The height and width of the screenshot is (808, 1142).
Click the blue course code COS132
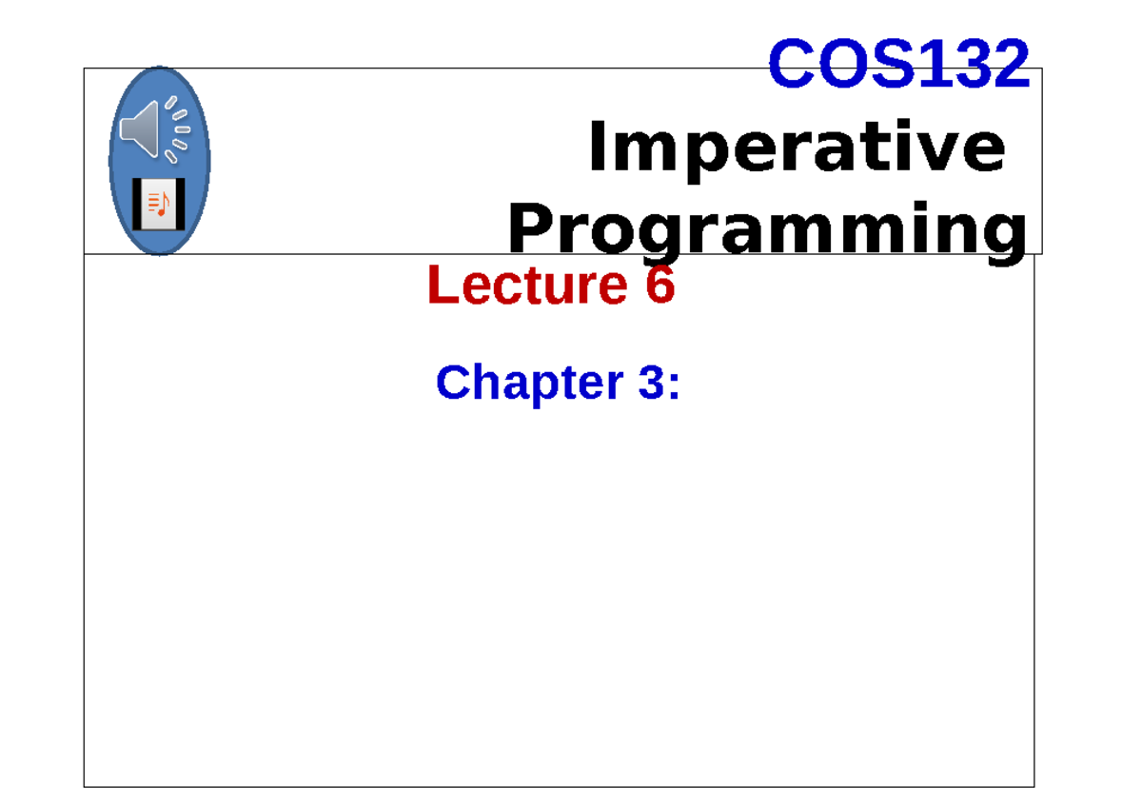pos(898,65)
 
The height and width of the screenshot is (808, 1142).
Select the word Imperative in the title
pos(797,149)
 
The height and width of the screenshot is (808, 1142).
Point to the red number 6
pos(660,286)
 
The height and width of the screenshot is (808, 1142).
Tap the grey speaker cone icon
pos(140,129)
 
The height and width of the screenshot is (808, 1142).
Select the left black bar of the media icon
pos(137,203)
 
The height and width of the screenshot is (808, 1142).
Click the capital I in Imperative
pos(597,149)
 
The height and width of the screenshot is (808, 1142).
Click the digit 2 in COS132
pos(1012,65)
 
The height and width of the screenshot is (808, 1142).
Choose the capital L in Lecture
pos(441,286)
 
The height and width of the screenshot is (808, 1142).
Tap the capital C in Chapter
pos(452,383)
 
